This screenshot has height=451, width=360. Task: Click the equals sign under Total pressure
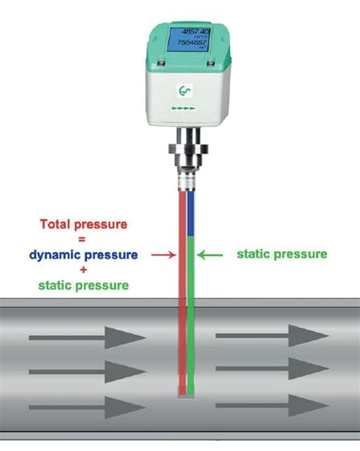[x=84, y=241]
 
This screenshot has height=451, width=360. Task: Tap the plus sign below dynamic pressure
[x=84, y=270]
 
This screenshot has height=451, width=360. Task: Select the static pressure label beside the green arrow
[x=282, y=253]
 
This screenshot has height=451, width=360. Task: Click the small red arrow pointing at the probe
[x=163, y=256]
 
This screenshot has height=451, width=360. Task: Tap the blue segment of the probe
[x=191, y=216]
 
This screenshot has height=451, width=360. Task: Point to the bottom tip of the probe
[x=185, y=393]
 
